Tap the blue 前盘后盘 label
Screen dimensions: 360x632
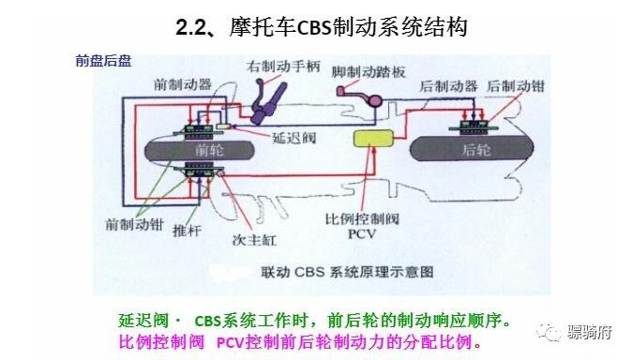(x=103, y=61)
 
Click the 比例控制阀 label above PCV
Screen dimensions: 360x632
(x=361, y=218)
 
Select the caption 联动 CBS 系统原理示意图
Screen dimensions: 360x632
(x=347, y=273)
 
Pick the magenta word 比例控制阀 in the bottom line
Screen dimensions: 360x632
(x=158, y=341)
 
